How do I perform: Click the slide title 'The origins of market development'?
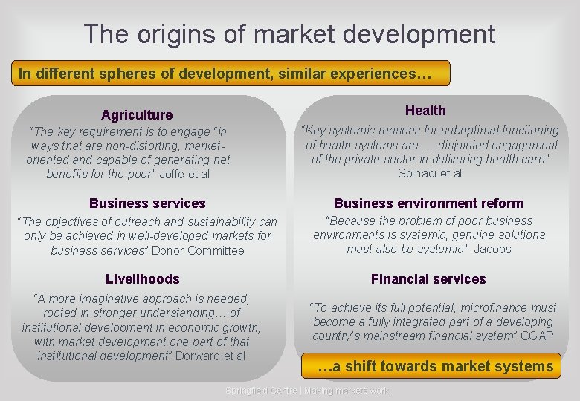(x=289, y=33)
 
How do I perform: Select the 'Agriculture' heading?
(x=137, y=114)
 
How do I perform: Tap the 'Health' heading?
(x=425, y=111)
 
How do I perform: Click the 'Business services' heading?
(x=147, y=203)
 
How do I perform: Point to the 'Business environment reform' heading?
(x=428, y=203)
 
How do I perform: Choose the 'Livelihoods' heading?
(x=143, y=278)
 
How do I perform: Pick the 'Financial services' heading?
(x=428, y=278)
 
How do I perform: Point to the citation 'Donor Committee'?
(x=198, y=250)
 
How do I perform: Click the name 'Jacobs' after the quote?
(x=492, y=249)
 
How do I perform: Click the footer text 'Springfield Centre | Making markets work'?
(x=307, y=391)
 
